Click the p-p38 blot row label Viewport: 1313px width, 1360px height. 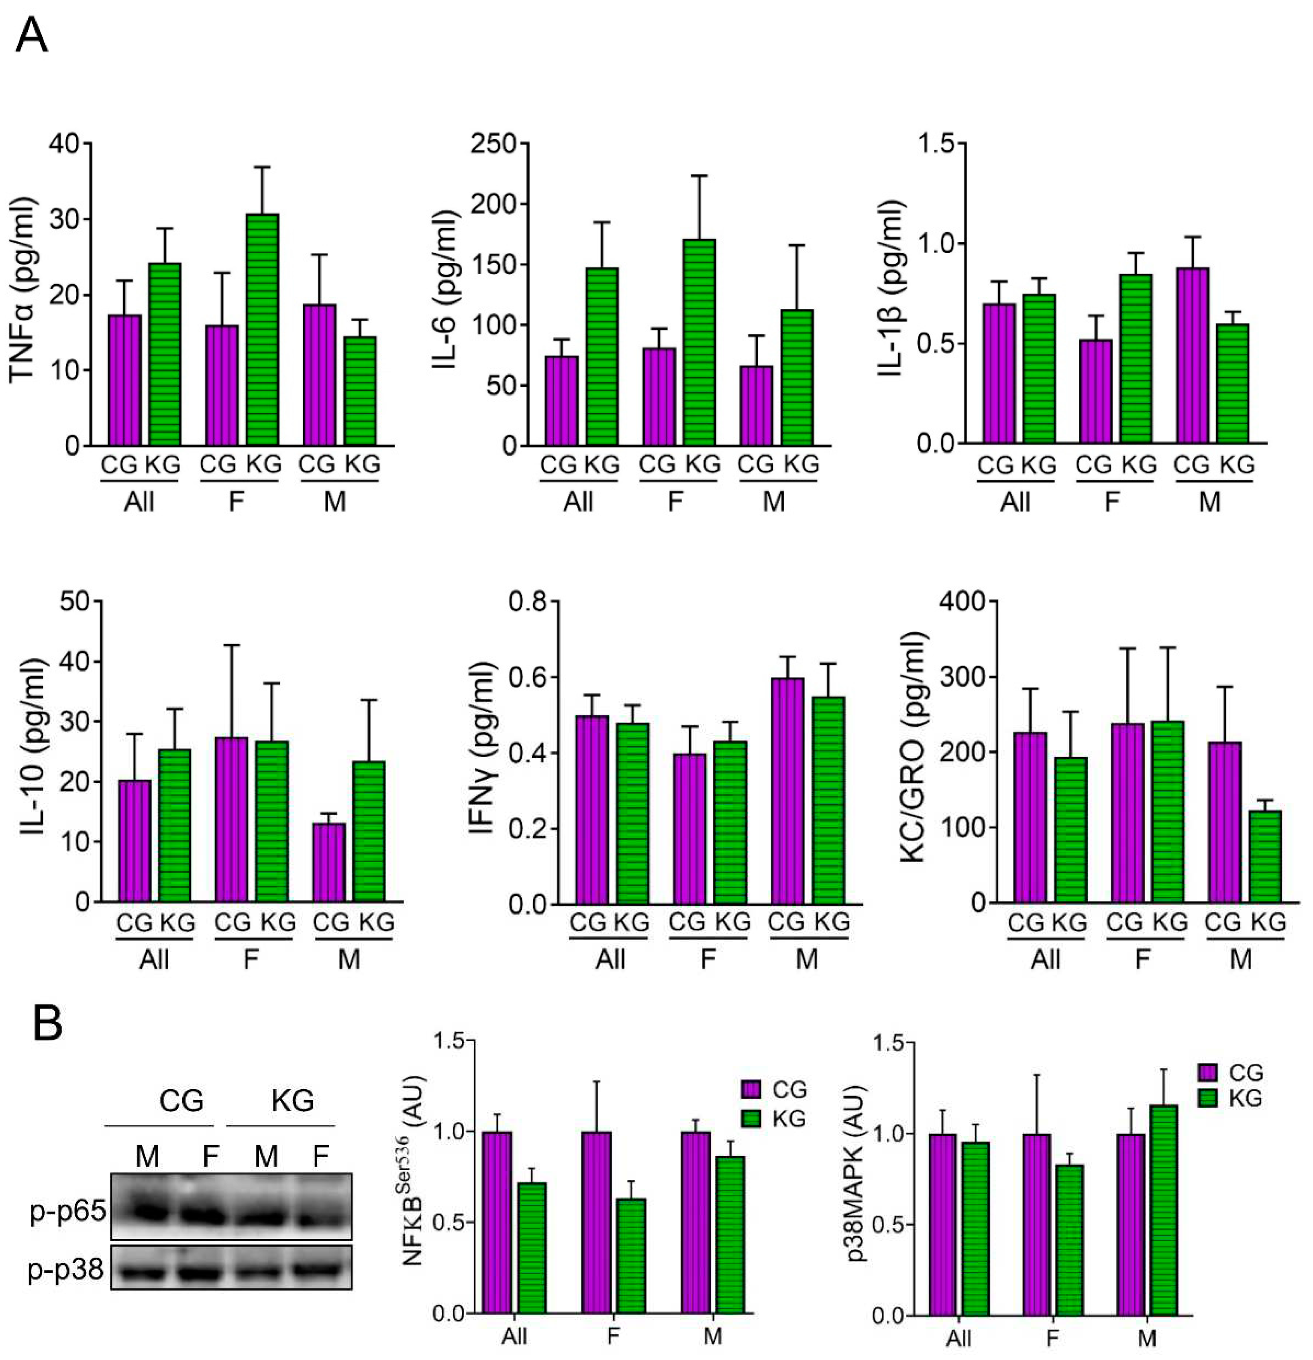(66, 1270)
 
